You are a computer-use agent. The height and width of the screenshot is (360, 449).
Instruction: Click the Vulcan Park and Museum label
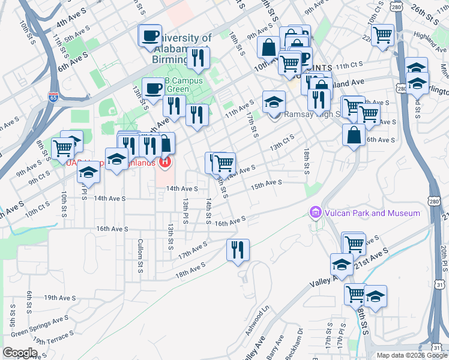tap(372, 213)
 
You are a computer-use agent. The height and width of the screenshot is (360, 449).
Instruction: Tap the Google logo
tap(20, 353)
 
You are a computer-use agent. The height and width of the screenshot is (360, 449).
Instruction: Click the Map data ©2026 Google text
tap(412, 355)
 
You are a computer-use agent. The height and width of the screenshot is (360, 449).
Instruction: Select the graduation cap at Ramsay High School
tap(274, 101)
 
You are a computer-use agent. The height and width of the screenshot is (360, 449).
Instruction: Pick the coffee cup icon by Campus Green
tap(152, 88)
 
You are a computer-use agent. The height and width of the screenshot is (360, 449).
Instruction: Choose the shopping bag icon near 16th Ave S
tap(354, 134)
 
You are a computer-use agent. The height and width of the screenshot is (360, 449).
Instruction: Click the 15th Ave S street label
tap(267, 183)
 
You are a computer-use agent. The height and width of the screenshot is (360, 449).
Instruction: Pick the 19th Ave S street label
tap(59, 297)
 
